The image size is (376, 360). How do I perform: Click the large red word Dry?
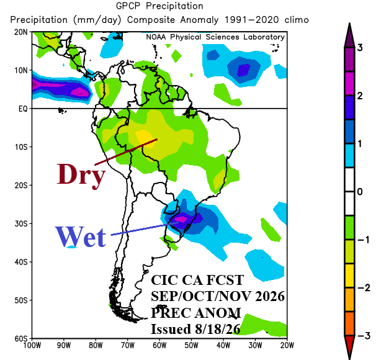(x=81, y=175)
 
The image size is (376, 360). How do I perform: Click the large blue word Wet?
(x=81, y=237)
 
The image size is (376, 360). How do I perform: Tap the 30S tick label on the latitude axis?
(x=21, y=224)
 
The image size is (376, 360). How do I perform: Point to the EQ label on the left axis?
(x=23, y=109)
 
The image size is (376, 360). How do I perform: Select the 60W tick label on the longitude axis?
(x=159, y=346)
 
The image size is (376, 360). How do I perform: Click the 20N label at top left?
(x=21, y=32)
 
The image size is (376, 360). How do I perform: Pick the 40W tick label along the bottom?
(x=223, y=346)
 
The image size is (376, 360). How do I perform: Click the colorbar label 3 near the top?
(x=360, y=48)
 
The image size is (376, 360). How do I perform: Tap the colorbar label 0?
(x=360, y=192)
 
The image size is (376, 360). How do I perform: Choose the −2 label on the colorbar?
(x=364, y=287)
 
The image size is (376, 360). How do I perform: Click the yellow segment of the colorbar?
(x=349, y=276)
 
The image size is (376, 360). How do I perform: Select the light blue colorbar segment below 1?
(x=349, y=156)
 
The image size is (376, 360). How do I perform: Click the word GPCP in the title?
(x=128, y=6)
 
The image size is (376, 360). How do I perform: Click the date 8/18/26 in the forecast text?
(x=218, y=329)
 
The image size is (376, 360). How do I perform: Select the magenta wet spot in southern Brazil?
(x=181, y=218)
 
